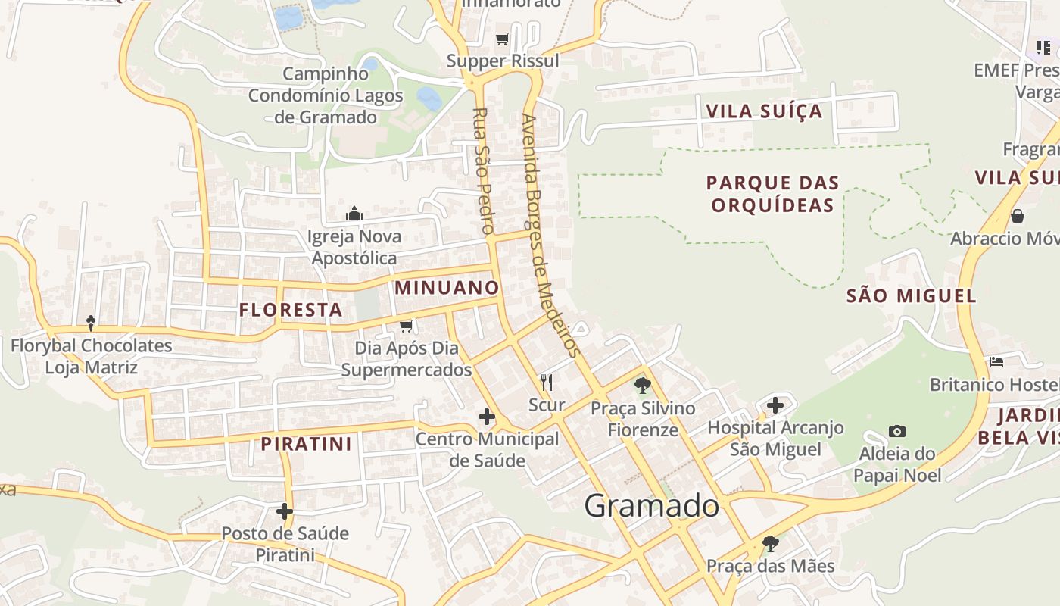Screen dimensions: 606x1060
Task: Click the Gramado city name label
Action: click(652, 505)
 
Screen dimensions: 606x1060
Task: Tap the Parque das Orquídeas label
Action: click(773, 194)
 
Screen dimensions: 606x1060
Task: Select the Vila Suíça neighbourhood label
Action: click(764, 111)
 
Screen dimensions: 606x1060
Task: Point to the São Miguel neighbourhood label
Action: click(912, 295)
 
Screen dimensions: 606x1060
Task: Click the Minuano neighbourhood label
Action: click(447, 288)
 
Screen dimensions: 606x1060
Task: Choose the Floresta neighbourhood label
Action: click(291, 309)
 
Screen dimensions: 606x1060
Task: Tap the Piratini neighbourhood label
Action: click(307, 444)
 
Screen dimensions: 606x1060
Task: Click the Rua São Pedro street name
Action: click(483, 170)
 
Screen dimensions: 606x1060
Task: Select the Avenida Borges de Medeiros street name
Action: click(550, 235)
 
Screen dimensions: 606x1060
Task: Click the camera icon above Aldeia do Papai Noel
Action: click(897, 432)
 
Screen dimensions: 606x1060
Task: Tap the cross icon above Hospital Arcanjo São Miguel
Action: click(775, 405)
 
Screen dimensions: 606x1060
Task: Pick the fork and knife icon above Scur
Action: click(547, 383)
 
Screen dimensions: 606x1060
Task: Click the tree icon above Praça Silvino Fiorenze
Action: click(643, 386)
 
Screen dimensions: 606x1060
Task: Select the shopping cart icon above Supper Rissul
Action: click(502, 39)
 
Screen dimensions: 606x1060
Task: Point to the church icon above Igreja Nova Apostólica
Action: click(354, 214)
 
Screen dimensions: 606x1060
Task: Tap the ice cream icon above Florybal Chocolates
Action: click(91, 323)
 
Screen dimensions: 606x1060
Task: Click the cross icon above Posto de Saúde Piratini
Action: click(285, 511)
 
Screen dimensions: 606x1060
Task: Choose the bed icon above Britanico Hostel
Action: click(996, 362)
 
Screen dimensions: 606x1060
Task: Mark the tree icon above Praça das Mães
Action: click(770, 544)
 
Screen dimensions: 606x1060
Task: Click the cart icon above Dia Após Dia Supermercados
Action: click(407, 326)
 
